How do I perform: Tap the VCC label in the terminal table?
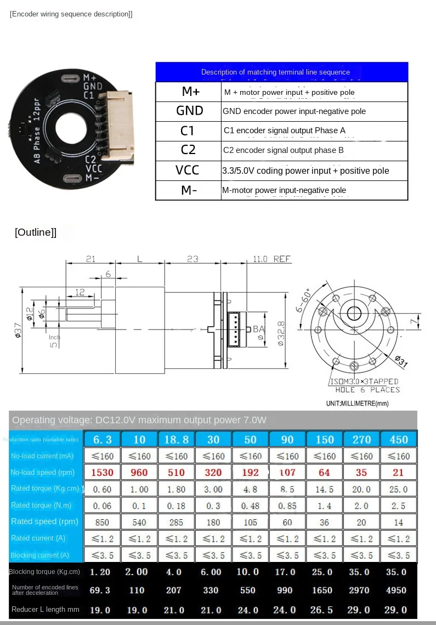pos(188,170)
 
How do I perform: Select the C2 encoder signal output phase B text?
pos(284,150)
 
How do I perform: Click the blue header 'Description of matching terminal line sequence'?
pos(282,72)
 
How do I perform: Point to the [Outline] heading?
pos(36,232)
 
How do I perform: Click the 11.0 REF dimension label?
pos(271,259)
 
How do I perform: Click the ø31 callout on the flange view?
pos(402,361)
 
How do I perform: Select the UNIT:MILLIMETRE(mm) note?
pos(357,404)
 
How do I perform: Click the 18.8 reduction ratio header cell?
pos(176,440)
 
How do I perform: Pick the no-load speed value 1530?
pos(103,473)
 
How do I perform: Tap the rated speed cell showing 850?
pos(103,522)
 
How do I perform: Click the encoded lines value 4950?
pos(398,590)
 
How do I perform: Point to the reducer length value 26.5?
pos(324,610)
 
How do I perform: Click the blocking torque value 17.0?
pos(287,572)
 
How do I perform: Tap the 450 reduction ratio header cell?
pos(398,440)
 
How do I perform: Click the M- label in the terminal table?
pos(188,190)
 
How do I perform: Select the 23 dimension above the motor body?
pos(192,259)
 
